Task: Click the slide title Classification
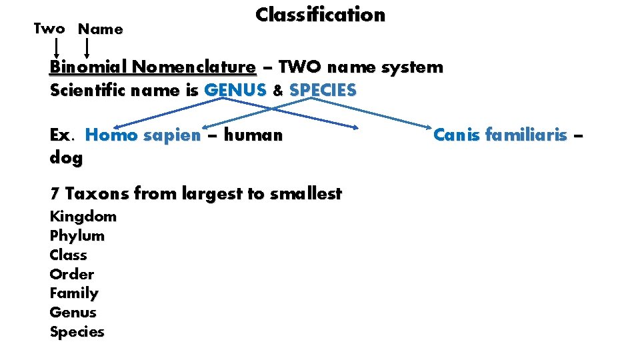pos(320,15)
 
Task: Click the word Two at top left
pos(49,29)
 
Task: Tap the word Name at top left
pos(101,29)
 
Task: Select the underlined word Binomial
pos(88,67)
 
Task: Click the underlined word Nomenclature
pos(193,67)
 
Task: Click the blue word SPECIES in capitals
pos(323,90)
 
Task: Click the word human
pos(253,135)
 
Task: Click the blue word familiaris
pos(527,135)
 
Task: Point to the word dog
pos(66,159)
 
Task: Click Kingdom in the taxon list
pos(83,217)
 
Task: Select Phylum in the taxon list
pos(77,236)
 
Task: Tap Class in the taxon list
pos(69,255)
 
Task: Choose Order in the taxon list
pos(72,275)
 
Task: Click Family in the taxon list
pos(74,293)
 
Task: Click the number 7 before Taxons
pos(55,195)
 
